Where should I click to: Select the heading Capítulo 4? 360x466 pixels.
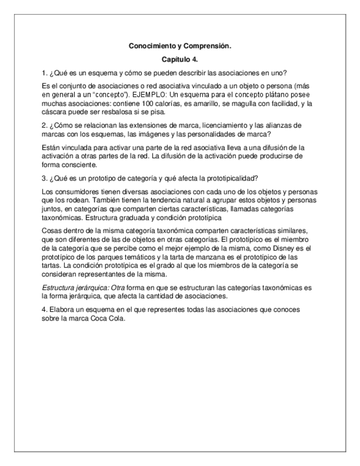[x=180, y=59]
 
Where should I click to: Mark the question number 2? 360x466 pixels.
[x=44, y=125]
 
